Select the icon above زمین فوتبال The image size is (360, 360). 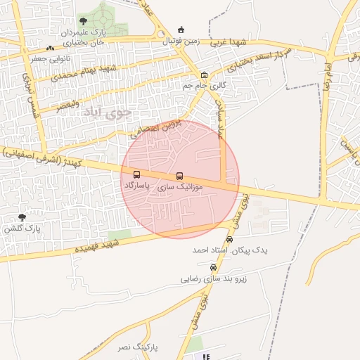(x=181, y=30)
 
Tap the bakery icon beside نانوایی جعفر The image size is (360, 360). (x=49, y=48)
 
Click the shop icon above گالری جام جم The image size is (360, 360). (x=204, y=75)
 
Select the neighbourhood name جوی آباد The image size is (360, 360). (x=98, y=111)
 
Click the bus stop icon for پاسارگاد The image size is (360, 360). (x=136, y=174)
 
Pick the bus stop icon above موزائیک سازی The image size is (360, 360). (x=179, y=176)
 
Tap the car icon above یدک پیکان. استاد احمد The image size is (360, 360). (x=229, y=239)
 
